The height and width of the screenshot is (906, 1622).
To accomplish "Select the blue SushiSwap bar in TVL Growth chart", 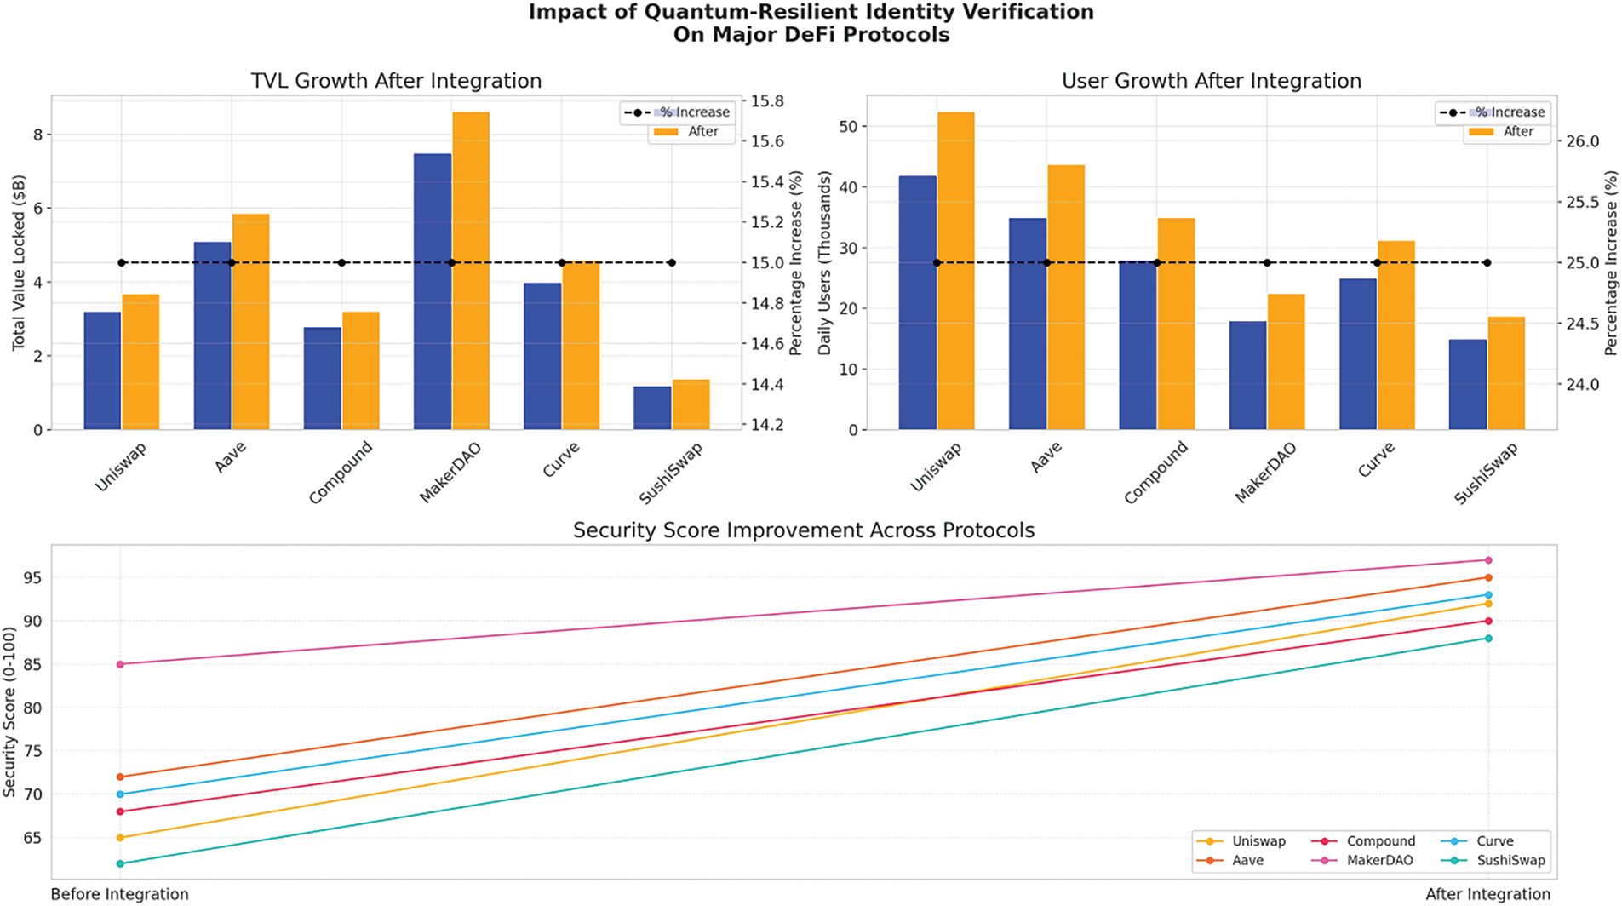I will tap(652, 408).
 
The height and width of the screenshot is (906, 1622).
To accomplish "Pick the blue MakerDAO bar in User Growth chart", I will tap(1247, 376).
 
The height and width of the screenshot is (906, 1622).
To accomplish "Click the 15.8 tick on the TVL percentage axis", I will tap(766, 101).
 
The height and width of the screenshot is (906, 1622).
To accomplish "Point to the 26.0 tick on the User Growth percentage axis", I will tap(1583, 141).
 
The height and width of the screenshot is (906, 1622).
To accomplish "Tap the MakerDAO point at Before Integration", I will tap(120, 664).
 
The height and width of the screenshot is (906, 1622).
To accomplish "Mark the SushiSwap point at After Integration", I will tap(1488, 639).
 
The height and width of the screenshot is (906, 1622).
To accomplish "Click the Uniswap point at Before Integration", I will tap(120, 838).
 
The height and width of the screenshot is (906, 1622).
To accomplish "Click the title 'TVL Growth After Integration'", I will tap(396, 81).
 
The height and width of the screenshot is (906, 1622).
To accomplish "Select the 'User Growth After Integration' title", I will tap(1211, 81).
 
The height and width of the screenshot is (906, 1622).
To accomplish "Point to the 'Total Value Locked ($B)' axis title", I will tap(19, 262).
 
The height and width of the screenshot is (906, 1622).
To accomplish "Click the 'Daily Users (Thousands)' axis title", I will tap(824, 262).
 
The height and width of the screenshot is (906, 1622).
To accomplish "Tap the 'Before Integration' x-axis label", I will tap(119, 894).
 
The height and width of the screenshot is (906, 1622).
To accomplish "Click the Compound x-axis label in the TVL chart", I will tap(341, 472).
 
